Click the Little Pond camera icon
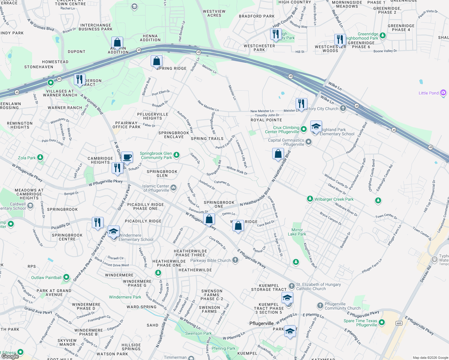443,93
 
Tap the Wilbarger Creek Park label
334,199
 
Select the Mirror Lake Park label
297,232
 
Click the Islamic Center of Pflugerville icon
173,188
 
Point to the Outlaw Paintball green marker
66,277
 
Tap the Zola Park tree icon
40,157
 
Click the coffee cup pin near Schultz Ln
127,157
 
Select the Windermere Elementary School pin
113,232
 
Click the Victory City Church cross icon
343,109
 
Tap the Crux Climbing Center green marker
304,129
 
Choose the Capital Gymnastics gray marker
309,142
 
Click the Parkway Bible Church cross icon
235,260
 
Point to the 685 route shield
399,323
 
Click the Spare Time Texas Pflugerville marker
382,322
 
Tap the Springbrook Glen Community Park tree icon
176,155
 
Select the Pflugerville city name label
261,323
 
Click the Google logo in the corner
10,356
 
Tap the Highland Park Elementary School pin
316,127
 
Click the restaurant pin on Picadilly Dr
98,223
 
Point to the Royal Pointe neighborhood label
266,120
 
